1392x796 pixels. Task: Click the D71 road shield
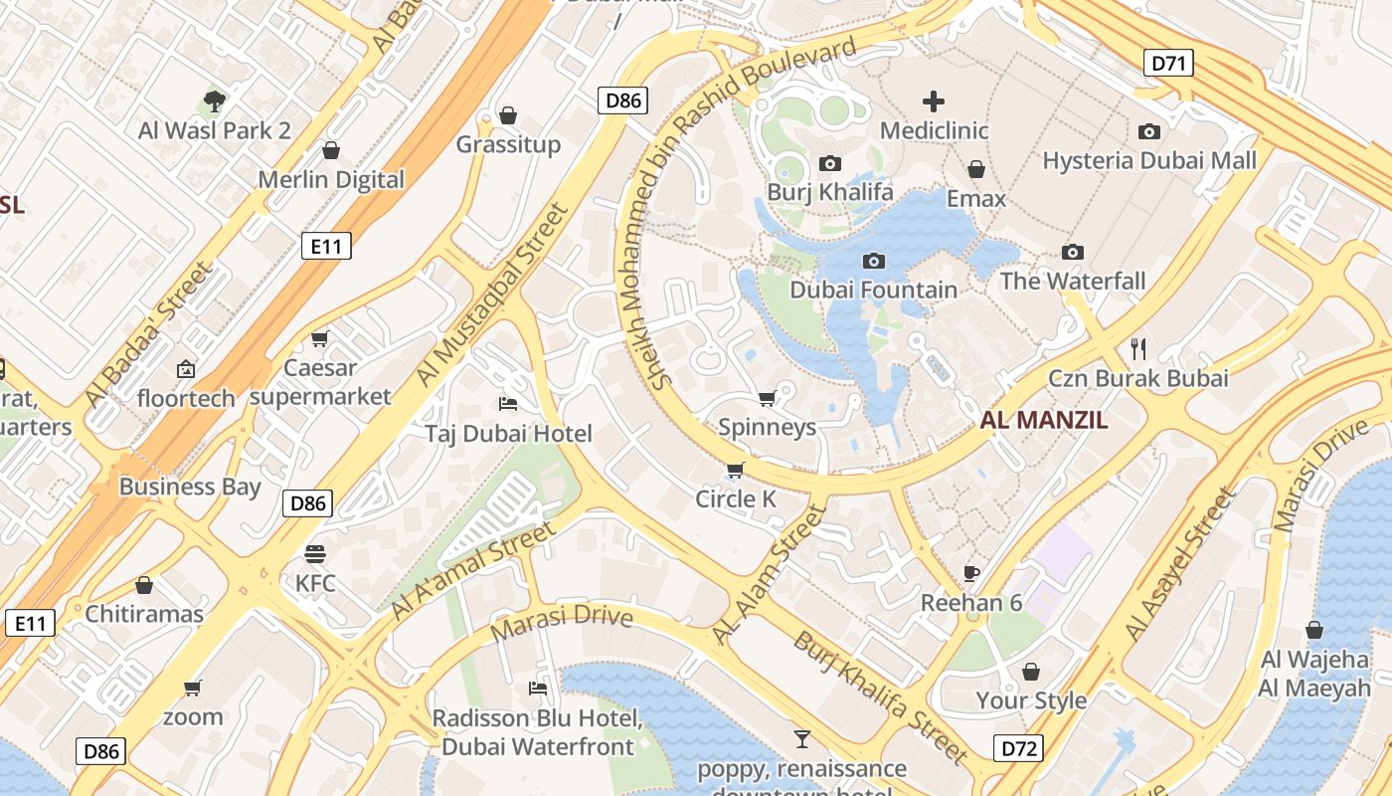click(x=1168, y=64)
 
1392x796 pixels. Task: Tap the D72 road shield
click(x=1017, y=748)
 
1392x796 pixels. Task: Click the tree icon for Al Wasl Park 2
click(x=214, y=100)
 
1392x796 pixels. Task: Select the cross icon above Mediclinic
click(x=934, y=100)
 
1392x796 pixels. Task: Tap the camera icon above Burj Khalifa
click(x=830, y=163)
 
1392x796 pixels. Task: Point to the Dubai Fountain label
click(x=874, y=290)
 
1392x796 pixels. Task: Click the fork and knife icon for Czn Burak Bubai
click(x=1138, y=348)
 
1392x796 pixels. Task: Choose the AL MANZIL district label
click(x=1044, y=420)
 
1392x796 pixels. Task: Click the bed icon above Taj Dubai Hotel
click(x=508, y=404)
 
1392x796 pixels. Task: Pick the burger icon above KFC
click(x=315, y=553)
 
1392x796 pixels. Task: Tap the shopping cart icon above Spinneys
click(x=767, y=399)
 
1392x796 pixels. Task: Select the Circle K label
click(x=736, y=498)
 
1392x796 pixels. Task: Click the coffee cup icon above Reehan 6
click(x=971, y=573)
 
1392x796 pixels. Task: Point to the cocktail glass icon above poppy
click(x=801, y=738)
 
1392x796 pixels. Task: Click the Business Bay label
click(x=190, y=487)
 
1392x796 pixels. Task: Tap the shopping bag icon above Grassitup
click(x=508, y=115)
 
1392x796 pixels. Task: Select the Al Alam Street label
click(x=771, y=574)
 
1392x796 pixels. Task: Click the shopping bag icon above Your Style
click(x=1031, y=672)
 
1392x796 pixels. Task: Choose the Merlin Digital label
click(x=331, y=180)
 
